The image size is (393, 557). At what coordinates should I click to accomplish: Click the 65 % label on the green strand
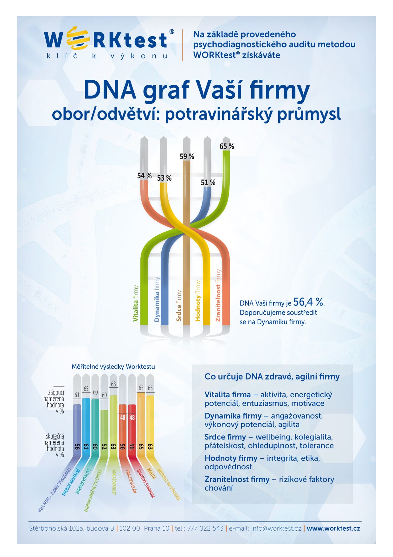point(227,146)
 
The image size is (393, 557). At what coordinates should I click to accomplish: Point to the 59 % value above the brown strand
point(187,157)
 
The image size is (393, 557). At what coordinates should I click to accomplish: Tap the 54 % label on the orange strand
point(144,176)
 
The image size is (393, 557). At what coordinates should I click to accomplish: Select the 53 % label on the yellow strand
point(164,178)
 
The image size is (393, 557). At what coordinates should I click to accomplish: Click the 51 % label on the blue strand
point(208,183)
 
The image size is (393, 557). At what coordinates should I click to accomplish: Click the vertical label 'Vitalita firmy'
point(136,303)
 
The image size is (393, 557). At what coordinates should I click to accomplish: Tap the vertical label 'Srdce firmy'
point(179,305)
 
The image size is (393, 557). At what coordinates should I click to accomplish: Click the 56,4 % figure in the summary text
point(309,302)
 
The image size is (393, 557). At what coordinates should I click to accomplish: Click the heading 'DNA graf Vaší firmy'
point(196,90)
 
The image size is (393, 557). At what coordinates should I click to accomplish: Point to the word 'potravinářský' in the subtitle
point(219,114)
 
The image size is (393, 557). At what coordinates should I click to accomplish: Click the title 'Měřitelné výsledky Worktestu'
point(113,366)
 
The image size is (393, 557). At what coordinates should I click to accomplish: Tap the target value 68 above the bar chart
point(113,384)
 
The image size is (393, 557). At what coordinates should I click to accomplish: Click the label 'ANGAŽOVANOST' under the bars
point(114,482)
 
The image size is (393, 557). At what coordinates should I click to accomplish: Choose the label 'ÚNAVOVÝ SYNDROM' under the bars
point(145,483)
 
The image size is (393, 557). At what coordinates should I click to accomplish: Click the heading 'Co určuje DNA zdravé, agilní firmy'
point(272,377)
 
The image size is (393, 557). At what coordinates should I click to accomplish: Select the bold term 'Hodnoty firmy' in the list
point(231,458)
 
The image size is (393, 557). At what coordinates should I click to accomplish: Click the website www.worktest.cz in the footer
point(333,528)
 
